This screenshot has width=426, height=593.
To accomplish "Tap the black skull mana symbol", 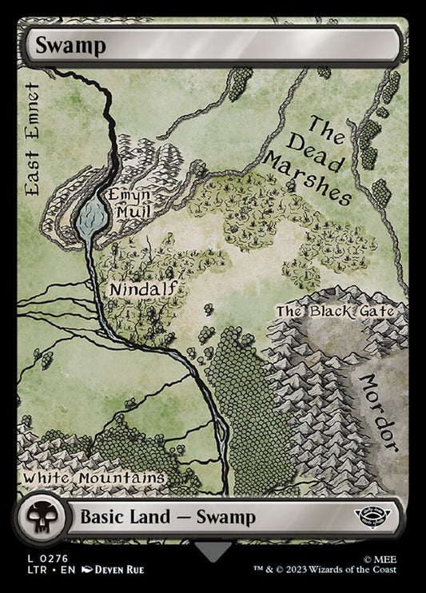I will coord(38,516).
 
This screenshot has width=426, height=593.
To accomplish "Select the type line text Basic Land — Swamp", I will coord(167,517).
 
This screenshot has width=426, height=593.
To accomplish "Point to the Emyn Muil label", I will coord(128,204).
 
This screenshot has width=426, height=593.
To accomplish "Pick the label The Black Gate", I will coord(334,311).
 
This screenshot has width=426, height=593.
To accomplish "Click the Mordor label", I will coord(380,411).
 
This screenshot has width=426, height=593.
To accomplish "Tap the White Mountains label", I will coord(94,477).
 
